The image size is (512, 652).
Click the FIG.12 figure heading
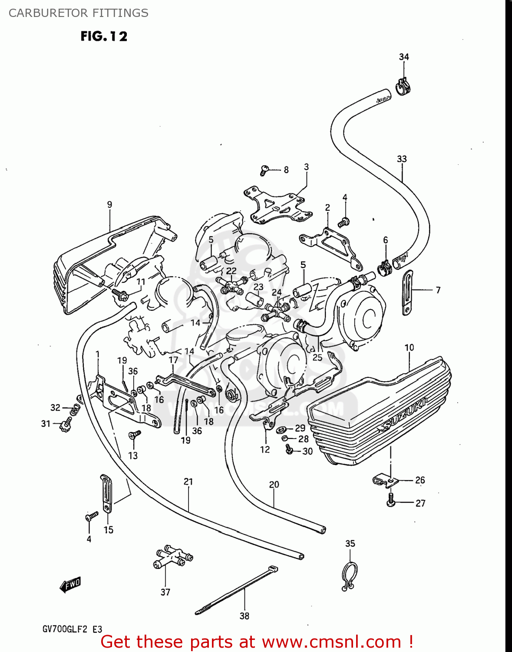click(x=104, y=36)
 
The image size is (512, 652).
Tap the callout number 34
click(x=404, y=57)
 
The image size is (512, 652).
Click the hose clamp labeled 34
click(x=403, y=86)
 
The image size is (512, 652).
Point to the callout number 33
click(x=402, y=159)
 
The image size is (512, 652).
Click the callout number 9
click(x=109, y=204)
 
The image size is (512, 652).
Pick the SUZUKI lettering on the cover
click(x=403, y=412)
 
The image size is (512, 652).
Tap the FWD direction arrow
click(x=70, y=585)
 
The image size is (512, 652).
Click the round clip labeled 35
click(x=350, y=576)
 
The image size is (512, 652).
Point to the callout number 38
click(x=244, y=616)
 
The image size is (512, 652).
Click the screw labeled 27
click(x=391, y=500)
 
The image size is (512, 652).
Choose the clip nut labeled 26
click(x=384, y=480)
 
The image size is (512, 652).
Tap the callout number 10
click(x=409, y=347)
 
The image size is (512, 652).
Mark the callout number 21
click(x=188, y=482)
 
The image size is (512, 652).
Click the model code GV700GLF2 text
click(x=65, y=629)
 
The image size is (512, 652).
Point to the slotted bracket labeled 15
click(x=106, y=493)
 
